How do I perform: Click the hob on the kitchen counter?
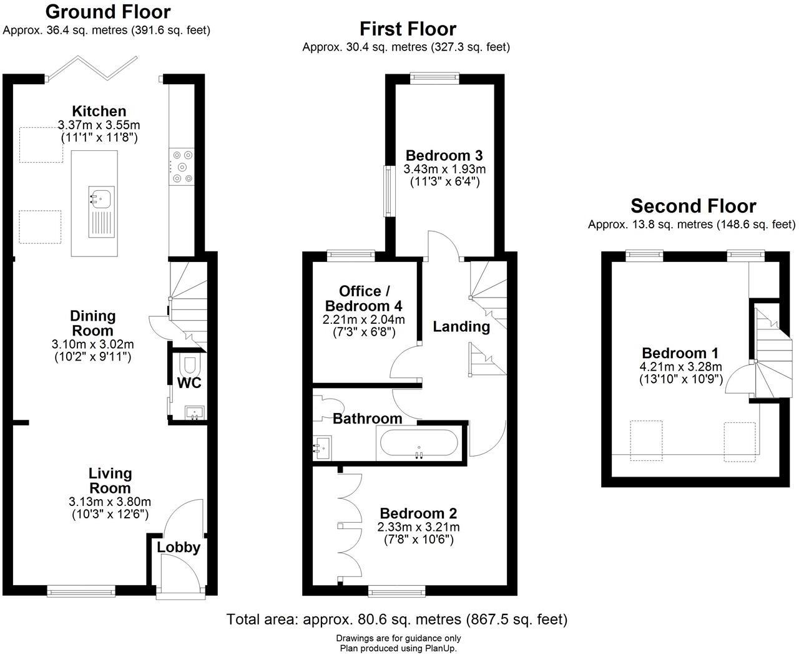182,167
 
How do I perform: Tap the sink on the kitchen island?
102,211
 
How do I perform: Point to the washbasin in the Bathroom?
322,447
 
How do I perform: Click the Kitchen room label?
99,111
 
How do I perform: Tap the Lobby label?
179,548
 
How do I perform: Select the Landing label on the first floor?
461,326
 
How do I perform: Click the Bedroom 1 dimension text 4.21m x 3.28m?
681,367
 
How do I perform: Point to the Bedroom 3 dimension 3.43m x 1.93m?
444,169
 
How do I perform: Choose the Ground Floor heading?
108,12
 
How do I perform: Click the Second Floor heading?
694,206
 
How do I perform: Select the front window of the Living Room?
81,591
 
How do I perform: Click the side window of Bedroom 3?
389,192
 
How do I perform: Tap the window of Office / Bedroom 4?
351,255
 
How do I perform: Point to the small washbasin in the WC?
195,413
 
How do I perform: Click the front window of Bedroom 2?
396,591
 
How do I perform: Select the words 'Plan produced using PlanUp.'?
398,649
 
